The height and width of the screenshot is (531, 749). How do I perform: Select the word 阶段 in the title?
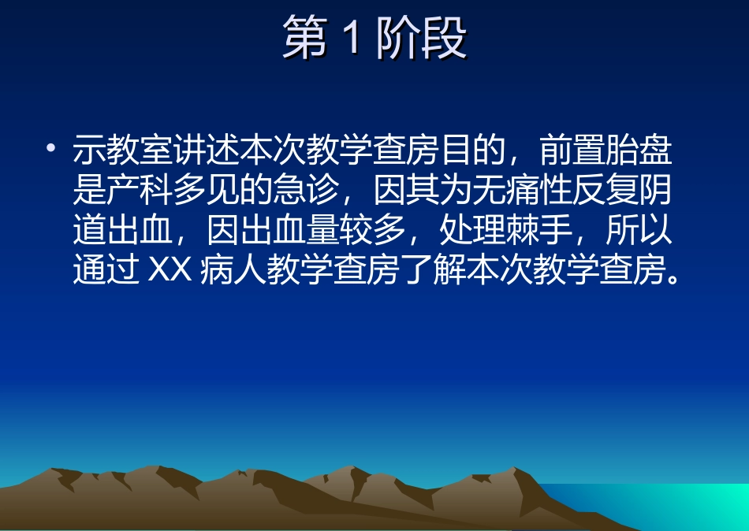click(x=420, y=39)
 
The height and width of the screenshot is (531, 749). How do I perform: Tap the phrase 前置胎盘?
click(x=606, y=150)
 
